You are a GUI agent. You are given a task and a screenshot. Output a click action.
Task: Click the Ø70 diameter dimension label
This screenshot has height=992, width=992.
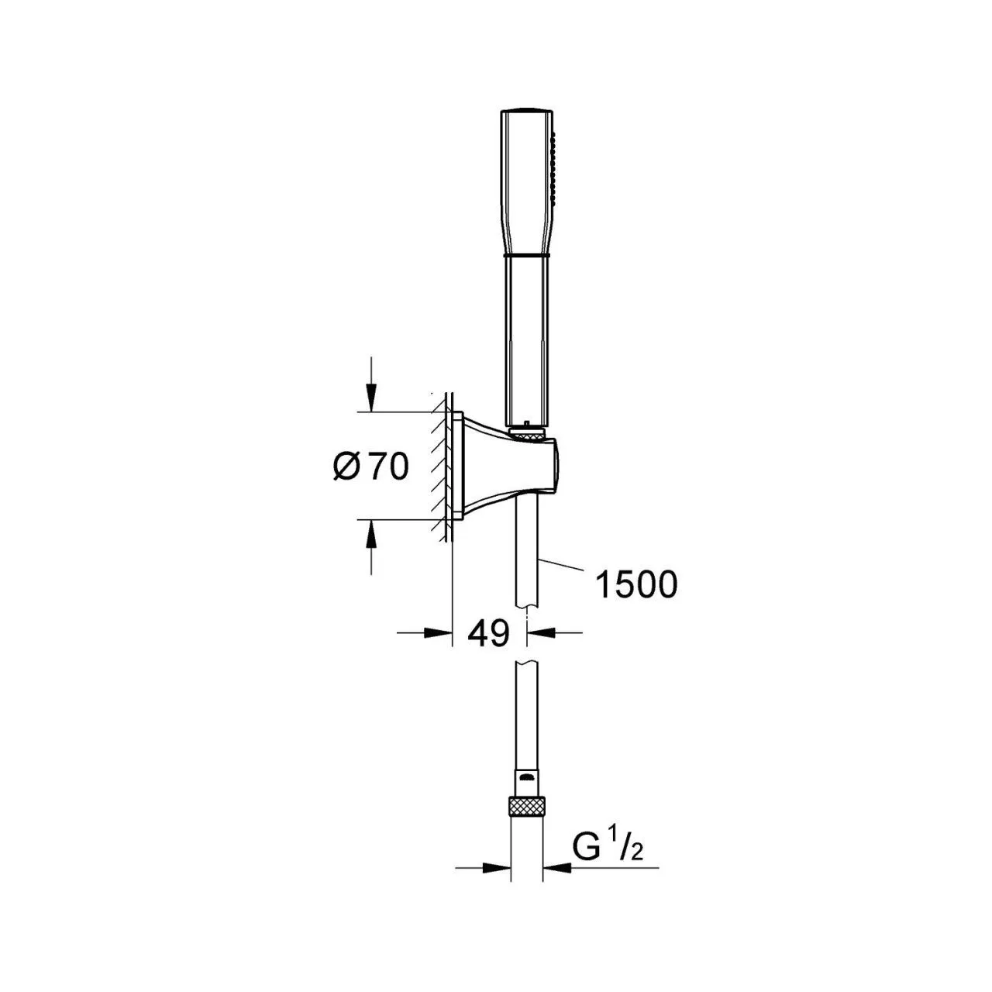(x=370, y=467)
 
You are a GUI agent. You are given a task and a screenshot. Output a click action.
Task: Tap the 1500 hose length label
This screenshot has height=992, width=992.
(x=635, y=585)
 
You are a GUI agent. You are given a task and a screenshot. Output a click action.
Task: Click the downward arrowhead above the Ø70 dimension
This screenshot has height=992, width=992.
(x=371, y=398)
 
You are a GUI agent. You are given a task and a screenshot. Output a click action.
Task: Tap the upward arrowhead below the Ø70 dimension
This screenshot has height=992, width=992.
(x=371, y=533)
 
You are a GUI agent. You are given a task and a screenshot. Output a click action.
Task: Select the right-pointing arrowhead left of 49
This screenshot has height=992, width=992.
(x=438, y=632)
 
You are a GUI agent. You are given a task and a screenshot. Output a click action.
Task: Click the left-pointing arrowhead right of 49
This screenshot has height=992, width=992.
(x=540, y=632)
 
